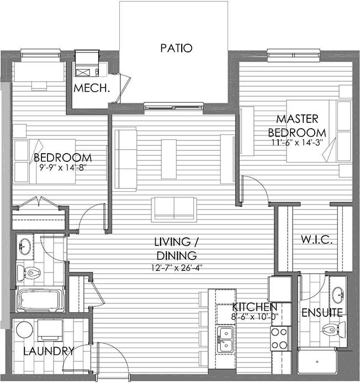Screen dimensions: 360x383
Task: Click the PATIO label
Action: [176, 48]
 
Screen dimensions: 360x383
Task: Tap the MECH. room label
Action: [92, 88]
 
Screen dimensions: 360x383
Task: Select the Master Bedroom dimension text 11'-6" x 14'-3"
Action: [297, 143]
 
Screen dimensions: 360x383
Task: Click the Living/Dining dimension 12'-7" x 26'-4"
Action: [177, 268]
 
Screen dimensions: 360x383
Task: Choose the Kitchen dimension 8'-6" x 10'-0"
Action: [254, 317]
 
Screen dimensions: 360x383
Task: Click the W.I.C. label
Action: [316, 240]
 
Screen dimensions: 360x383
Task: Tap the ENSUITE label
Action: [322, 313]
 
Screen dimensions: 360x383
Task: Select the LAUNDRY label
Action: [49, 351]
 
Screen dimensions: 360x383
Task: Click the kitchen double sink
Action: [225, 339]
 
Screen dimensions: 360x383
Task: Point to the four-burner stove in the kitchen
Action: [280, 339]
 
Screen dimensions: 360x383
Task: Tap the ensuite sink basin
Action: [338, 295]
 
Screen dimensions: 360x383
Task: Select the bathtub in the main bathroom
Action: [40, 300]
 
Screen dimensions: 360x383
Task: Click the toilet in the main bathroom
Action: [28, 272]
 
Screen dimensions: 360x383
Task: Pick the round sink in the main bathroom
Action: [25, 246]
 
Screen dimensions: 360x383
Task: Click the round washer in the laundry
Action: [24, 329]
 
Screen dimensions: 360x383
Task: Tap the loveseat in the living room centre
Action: [174, 209]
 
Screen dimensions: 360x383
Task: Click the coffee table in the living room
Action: [168, 159]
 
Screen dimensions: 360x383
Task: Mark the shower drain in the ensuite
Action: [317, 362]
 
